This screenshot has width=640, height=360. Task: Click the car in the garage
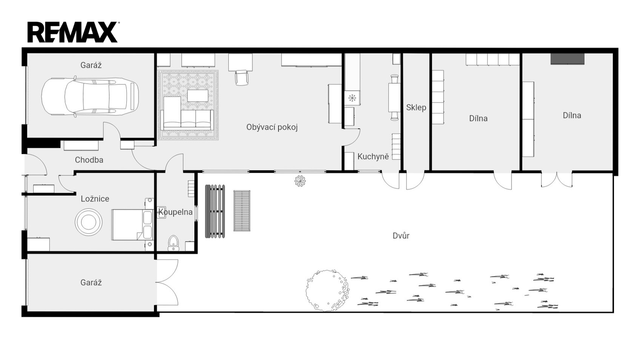(90, 97)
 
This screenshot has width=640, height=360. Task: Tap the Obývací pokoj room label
(272, 128)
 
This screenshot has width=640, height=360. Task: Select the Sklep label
(416, 108)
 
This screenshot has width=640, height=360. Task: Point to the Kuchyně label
(373, 156)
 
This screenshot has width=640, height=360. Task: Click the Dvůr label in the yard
(401, 236)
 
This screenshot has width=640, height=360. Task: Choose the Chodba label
(89, 160)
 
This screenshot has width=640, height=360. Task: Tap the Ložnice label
(95, 199)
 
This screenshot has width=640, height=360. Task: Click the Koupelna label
(176, 212)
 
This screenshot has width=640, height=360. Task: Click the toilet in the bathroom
(173, 243)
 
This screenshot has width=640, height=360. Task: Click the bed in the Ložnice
(132, 224)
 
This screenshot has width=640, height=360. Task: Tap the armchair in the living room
(242, 78)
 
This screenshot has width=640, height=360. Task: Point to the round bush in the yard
(328, 290)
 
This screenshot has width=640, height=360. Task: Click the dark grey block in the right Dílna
(568, 58)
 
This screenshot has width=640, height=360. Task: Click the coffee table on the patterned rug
(198, 96)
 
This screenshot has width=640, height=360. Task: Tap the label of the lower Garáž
(91, 282)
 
